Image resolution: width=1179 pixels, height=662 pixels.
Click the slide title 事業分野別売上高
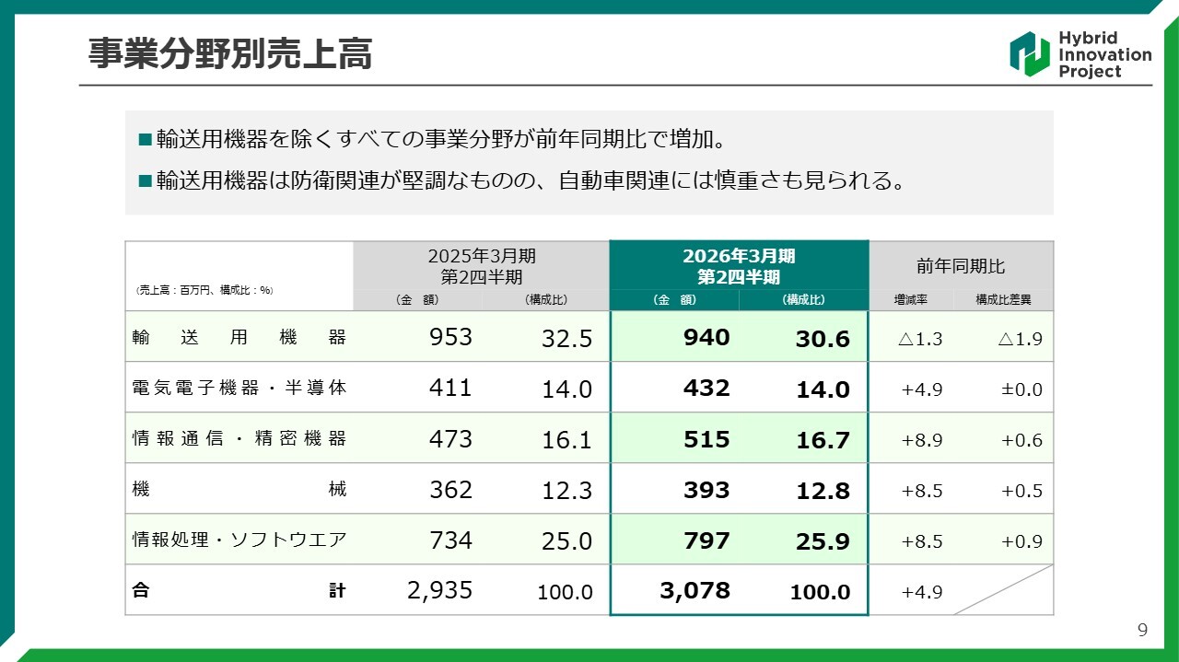click(x=229, y=54)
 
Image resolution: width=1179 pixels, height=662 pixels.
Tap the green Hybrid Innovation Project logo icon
click(x=1029, y=54)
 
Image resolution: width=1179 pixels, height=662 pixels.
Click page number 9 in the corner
click(x=1143, y=631)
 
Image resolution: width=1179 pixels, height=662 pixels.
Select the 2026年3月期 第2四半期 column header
click(x=739, y=265)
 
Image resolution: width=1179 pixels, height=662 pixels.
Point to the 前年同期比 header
click(x=961, y=266)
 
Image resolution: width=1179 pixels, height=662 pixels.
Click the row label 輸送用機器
click(x=239, y=337)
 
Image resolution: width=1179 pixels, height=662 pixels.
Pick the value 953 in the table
click(x=450, y=337)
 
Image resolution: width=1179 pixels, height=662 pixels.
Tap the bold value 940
click(x=706, y=337)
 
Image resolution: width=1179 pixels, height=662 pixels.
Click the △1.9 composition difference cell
click(x=1020, y=339)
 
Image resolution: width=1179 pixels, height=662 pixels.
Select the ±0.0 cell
click(x=1021, y=389)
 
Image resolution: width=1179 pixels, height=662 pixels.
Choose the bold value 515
click(x=706, y=439)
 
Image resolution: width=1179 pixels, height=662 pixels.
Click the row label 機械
click(x=239, y=490)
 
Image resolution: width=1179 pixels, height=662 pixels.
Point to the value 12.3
click(x=566, y=491)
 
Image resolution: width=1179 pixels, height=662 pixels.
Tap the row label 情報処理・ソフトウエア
click(x=239, y=540)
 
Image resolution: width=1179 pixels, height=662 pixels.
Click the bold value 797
click(x=706, y=540)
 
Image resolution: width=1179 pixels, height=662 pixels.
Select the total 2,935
click(x=439, y=590)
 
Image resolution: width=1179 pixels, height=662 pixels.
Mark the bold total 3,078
click(x=695, y=590)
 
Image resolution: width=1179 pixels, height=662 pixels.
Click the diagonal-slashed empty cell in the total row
click(x=1002, y=590)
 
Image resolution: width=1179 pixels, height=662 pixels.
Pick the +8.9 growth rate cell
click(x=921, y=440)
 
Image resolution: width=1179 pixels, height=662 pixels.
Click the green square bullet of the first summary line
click(x=144, y=140)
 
